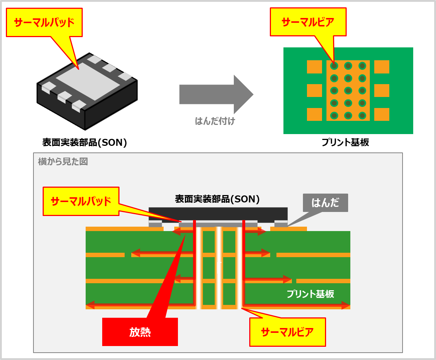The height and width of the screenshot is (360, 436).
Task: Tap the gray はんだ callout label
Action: tap(325, 202)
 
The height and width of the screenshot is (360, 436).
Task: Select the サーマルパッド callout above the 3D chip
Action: tap(44, 22)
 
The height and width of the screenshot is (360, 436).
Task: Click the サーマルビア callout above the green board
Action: tap(308, 22)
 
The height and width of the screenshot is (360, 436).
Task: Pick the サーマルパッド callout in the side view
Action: tap(81, 201)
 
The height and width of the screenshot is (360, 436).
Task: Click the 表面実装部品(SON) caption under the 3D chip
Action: tap(85, 143)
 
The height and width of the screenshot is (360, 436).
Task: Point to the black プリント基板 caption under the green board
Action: tap(345, 143)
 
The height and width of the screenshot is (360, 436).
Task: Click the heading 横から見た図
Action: tap(63, 162)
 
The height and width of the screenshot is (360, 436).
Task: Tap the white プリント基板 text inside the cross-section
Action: tap(310, 294)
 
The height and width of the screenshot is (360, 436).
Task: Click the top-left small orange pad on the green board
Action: tap(314, 67)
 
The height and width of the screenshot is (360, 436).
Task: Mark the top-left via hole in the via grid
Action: tap(334, 66)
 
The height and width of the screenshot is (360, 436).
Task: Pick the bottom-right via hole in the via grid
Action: tap(362, 115)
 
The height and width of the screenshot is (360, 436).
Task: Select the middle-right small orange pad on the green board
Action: tap(382, 90)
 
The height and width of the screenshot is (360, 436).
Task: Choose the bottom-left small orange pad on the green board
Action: tap(314, 114)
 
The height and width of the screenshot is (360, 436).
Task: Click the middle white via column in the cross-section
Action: tap(219, 268)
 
